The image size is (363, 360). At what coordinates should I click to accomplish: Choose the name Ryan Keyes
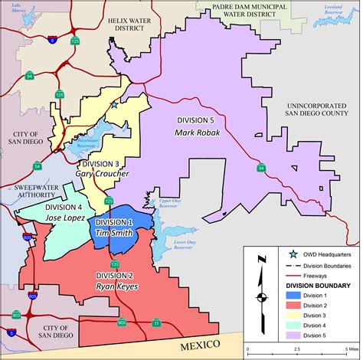point(116,286)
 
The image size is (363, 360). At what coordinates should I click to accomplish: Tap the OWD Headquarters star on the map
point(113,105)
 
